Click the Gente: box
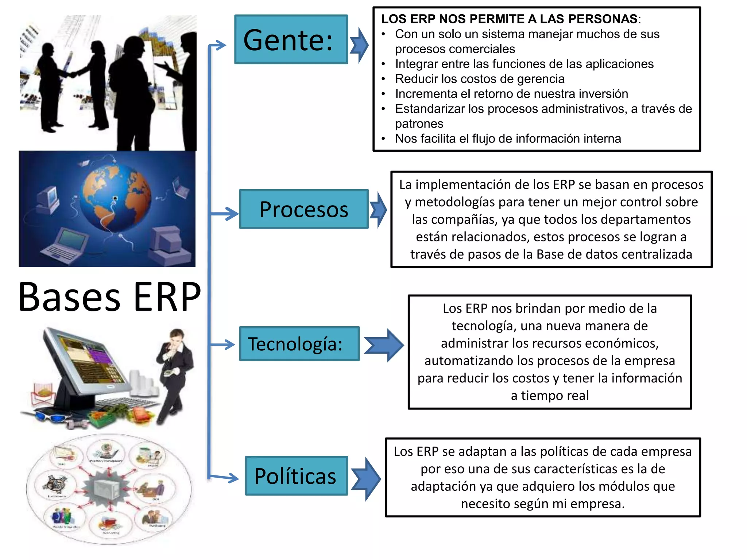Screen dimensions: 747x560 pyautogui.click(x=291, y=39)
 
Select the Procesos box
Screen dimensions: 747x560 pyautogui.click(x=303, y=209)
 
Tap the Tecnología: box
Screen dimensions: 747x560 pyautogui.click(x=299, y=344)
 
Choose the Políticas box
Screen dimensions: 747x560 pyautogui.click(x=296, y=476)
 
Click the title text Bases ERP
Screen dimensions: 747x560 pyautogui.click(x=109, y=297)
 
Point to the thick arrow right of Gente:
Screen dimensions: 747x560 pyautogui.click(x=359, y=45)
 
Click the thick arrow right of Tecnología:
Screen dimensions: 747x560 pyautogui.click(x=384, y=345)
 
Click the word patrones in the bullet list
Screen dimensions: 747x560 pyautogui.click(x=419, y=124)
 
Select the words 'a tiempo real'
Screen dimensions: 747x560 pyautogui.click(x=550, y=396)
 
